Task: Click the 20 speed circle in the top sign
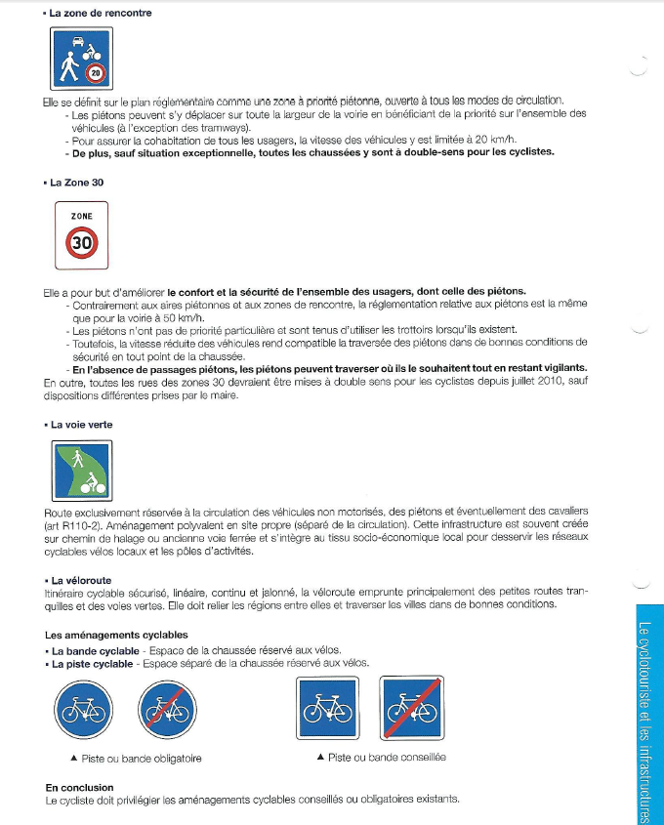95,72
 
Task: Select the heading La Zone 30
77,182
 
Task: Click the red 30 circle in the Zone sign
81,243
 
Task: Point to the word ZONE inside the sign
81,217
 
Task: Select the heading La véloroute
81,580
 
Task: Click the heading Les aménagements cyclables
116,635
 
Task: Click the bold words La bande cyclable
95,650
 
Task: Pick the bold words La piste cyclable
93,663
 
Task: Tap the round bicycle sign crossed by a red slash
167,710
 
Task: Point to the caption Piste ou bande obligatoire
136,758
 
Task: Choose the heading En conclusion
79,787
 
